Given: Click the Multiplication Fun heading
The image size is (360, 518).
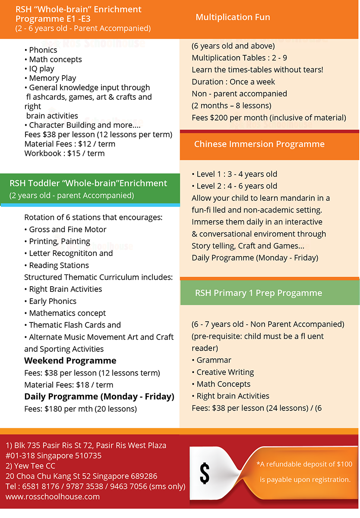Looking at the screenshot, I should (233, 17).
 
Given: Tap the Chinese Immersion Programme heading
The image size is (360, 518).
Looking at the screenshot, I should (259, 144).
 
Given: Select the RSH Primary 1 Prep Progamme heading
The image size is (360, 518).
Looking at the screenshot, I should (258, 293).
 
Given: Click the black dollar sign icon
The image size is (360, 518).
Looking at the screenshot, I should (205, 474).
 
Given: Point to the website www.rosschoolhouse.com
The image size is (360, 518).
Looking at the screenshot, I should (53, 496).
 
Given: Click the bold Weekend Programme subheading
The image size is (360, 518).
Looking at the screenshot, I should (70, 360).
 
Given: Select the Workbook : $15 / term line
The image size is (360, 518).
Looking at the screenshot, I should (64, 153).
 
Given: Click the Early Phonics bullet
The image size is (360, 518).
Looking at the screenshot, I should (53, 301).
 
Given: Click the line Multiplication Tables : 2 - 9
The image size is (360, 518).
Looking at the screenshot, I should (239, 58).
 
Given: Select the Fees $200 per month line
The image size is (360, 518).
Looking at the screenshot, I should (268, 117).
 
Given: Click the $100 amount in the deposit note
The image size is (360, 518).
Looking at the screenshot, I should (344, 464).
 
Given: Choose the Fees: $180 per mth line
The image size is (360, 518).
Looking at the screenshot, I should (80, 408).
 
